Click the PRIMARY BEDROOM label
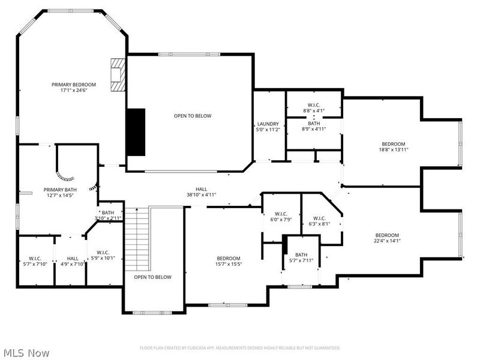tap(74, 84)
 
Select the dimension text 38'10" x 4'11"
tap(201, 194)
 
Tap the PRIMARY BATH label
tap(58, 190)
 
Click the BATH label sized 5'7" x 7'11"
tap(301, 254)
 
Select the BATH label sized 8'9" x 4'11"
tap(314, 123)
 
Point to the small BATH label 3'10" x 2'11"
tap(108, 212)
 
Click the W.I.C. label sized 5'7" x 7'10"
tap(34, 257)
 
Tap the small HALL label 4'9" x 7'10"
tap(72, 257)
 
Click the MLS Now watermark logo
tap(26, 353)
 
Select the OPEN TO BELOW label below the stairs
tap(152, 277)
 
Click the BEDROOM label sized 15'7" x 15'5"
tap(229, 258)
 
